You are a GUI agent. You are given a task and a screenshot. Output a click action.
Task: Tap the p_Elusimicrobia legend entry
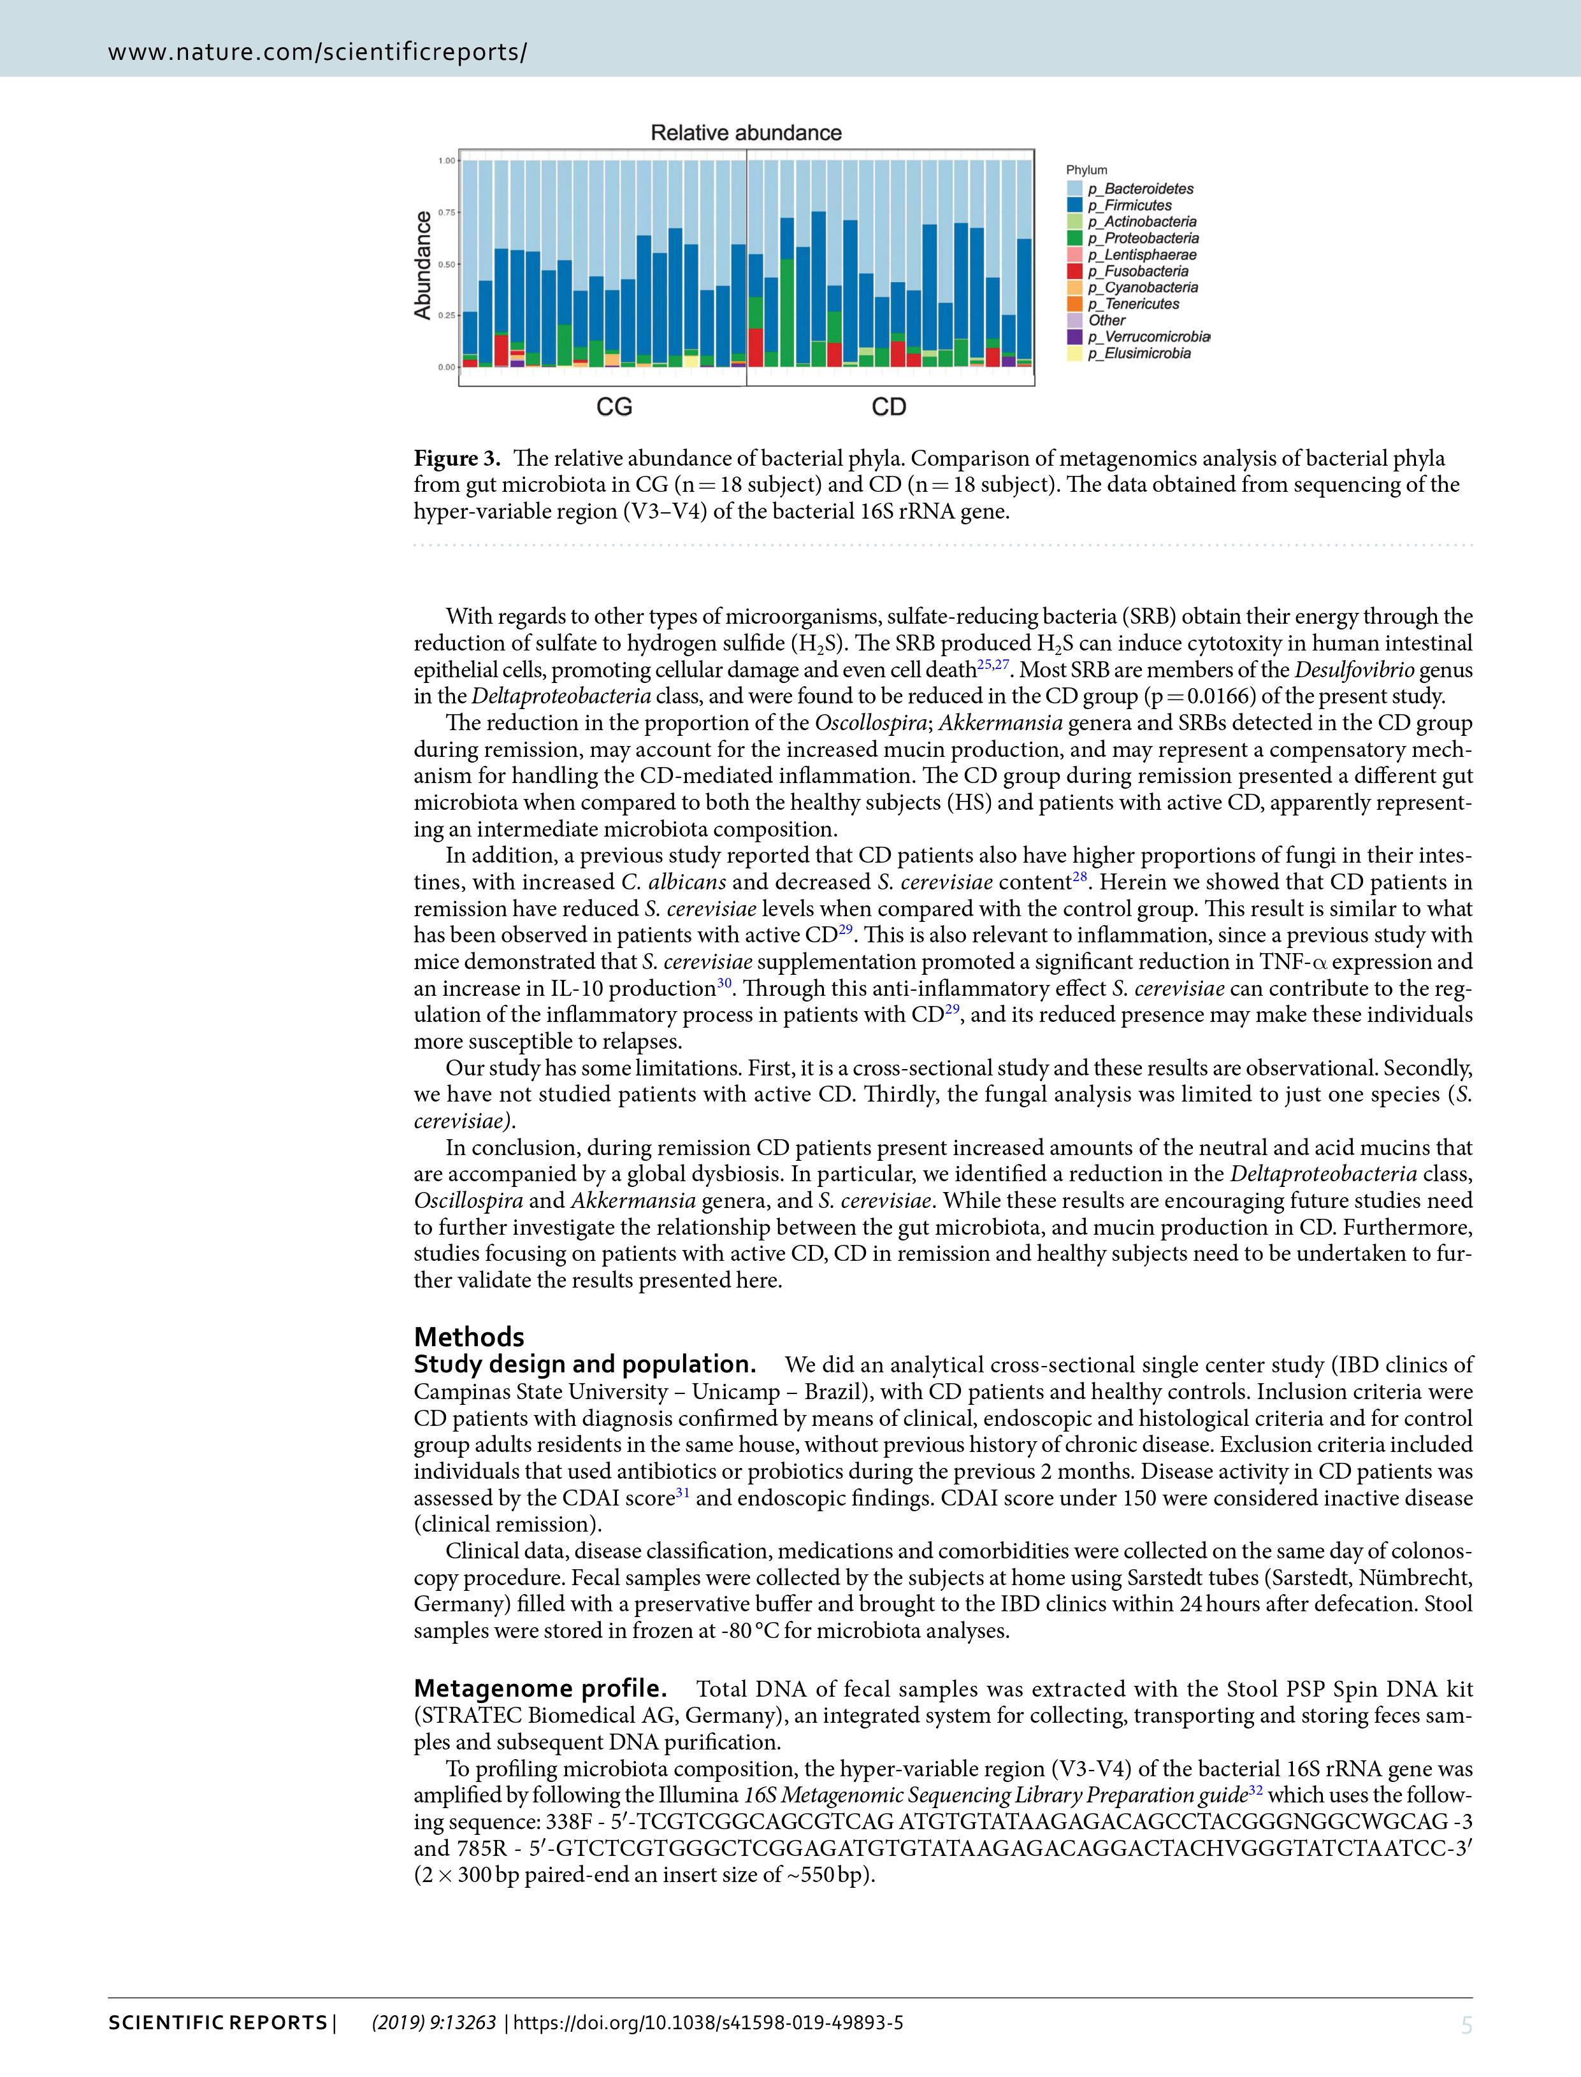tap(1139, 354)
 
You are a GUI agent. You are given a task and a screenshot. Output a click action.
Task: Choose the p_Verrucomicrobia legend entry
tap(1148, 337)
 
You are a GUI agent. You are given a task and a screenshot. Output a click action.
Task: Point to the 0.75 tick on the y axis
tap(446, 213)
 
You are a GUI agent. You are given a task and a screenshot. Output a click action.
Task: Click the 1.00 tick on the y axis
tap(446, 161)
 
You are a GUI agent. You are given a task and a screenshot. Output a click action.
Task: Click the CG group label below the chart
tap(614, 406)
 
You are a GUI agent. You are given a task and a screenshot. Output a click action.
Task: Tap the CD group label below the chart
tap(888, 406)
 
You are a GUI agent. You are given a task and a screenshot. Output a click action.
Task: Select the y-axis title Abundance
tap(422, 264)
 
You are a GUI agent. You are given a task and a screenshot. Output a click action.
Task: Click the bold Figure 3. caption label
tap(458, 459)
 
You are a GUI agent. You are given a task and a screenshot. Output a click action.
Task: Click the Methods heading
tap(468, 1337)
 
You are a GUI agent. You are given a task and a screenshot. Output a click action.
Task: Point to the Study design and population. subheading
tap(584, 1365)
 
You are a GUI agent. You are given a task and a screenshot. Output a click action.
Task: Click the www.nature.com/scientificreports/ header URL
tap(317, 52)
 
